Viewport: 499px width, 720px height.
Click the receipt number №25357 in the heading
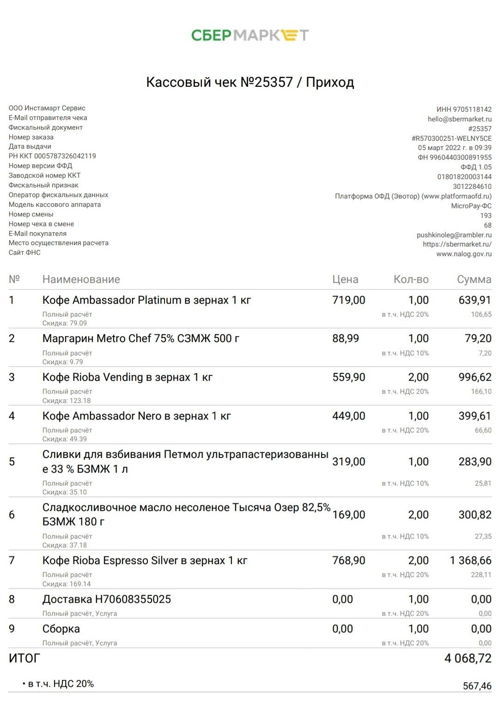267,82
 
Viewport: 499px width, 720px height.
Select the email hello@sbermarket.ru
459,119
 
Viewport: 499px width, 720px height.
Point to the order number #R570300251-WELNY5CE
451,138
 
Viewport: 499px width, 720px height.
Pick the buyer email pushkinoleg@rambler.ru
454,235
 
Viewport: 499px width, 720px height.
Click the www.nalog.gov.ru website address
464,254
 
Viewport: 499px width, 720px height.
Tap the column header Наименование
81,279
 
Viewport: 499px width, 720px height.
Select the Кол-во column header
411,279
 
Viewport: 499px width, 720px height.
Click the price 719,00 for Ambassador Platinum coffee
348,300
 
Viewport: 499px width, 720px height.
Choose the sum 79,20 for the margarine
478,338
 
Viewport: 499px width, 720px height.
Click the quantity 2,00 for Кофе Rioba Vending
418,377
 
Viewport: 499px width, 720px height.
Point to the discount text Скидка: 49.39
65,439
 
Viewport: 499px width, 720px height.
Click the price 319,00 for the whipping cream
348,462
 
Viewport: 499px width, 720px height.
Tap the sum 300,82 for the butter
475,515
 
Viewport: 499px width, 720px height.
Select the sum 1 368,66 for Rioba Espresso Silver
470,560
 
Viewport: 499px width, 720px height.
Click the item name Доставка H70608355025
107,599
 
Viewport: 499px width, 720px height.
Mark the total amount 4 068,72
468,658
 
